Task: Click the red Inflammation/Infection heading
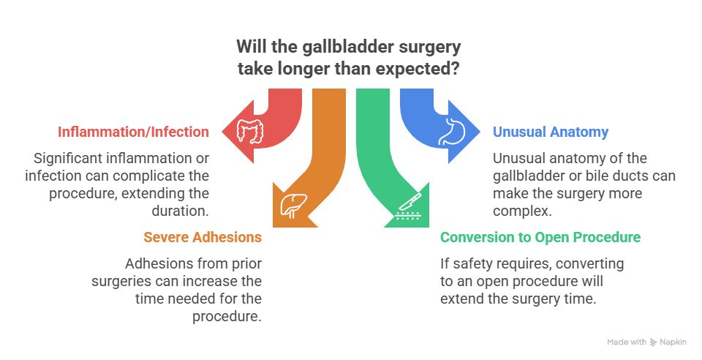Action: tap(133, 132)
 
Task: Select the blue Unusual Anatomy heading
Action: tap(551, 132)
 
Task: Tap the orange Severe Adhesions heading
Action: tap(203, 237)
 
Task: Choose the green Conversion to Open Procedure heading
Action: tap(540, 237)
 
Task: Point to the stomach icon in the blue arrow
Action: tap(452, 132)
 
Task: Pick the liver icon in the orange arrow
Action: tap(294, 206)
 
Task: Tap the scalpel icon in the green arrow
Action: tap(408, 207)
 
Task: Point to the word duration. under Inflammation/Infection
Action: tap(181, 211)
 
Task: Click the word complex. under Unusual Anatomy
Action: tap(522, 211)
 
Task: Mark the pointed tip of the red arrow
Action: tap(222, 132)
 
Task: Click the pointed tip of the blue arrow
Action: tap(480, 132)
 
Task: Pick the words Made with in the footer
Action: tap(627, 342)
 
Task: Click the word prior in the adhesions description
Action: tap(246, 264)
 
